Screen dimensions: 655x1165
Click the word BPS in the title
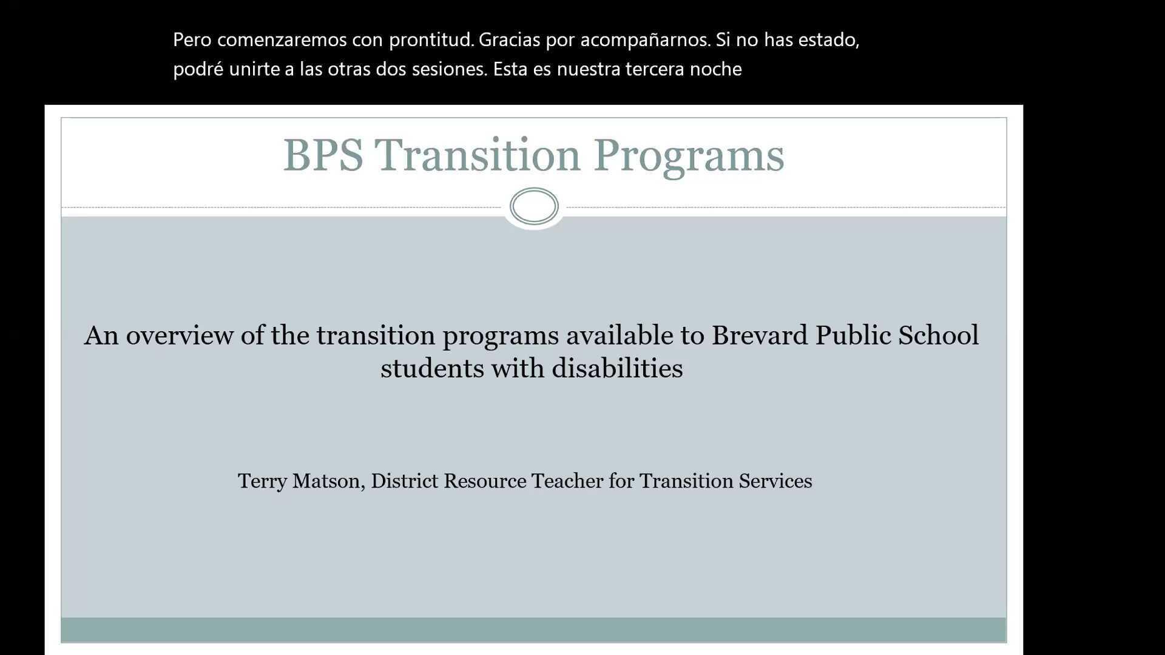(323, 155)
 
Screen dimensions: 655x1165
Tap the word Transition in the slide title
(478, 155)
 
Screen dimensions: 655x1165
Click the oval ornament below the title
(534, 206)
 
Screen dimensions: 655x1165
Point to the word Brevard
(760, 335)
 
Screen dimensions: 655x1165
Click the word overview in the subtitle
(179, 335)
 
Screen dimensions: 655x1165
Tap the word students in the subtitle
(432, 368)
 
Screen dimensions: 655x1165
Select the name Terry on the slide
(262, 481)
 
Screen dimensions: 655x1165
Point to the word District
(404, 481)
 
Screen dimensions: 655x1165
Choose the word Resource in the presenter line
(485, 481)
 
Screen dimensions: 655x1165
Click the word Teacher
(567, 481)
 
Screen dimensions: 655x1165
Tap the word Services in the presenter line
(775, 481)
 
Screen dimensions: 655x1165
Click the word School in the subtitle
(938, 335)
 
